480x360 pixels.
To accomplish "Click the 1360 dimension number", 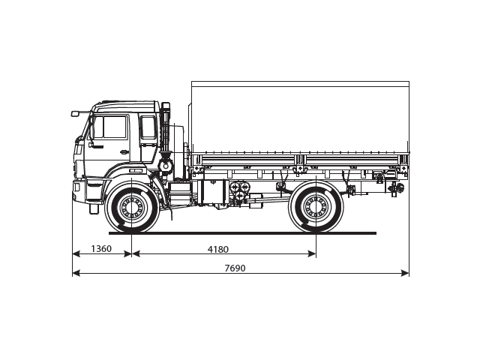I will point(100,248).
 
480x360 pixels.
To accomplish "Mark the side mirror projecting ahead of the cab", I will point(75,113).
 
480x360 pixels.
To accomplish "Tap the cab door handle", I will point(125,152).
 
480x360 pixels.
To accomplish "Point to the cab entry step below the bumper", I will point(94,208).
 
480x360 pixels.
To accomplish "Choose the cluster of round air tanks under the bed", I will point(240,191).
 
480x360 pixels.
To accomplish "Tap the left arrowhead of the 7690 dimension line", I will point(75,274).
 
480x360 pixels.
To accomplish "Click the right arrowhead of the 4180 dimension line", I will point(313,254).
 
